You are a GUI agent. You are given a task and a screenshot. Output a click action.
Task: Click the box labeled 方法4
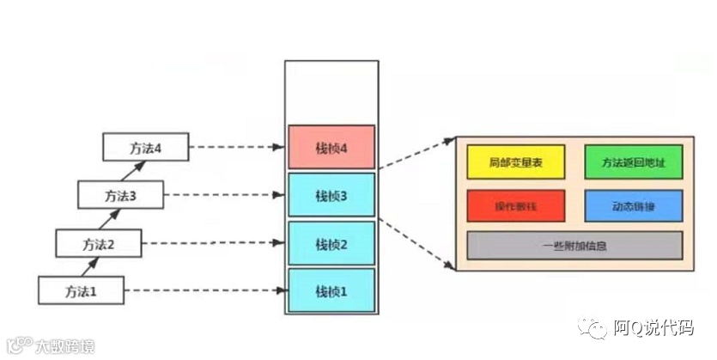click(145, 147)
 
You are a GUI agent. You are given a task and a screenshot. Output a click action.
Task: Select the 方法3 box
click(120, 195)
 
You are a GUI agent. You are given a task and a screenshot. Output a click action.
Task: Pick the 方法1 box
click(81, 290)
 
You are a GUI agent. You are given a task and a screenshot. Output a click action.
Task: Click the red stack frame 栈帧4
click(331, 148)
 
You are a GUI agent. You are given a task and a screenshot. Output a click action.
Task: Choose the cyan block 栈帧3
click(331, 195)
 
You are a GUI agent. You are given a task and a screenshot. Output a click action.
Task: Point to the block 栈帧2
click(331, 244)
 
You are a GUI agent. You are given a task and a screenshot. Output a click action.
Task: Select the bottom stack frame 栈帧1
click(331, 290)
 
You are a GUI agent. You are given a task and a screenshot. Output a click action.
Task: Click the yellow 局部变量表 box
click(515, 162)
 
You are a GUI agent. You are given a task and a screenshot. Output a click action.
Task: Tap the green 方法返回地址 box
click(633, 162)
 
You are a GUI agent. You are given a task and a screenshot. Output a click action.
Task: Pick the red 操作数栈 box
click(515, 206)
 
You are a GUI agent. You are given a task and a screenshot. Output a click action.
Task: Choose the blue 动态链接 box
click(633, 206)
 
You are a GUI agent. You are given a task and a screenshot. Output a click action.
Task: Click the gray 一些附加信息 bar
click(574, 246)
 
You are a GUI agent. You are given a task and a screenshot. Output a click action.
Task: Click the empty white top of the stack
click(331, 91)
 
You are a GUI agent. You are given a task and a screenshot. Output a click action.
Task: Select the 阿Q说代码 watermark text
click(653, 328)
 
